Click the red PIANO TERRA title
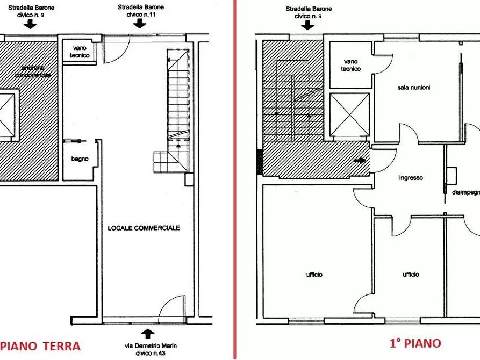pyautogui.click(x=40, y=345)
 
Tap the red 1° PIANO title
pyautogui.click(x=415, y=343)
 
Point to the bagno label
pyautogui.click(x=80, y=159)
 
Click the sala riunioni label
pyautogui.click(x=414, y=87)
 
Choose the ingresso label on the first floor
pyautogui.click(x=411, y=178)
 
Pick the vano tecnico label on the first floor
pyautogui.click(x=350, y=65)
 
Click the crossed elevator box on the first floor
pyautogui.click(x=349, y=114)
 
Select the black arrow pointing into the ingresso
pyautogui.click(x=361, y=160)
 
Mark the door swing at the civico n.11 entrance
pyautogui.click(x=114, y=49)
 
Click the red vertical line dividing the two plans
pyautogui.click(x=235, y=180)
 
